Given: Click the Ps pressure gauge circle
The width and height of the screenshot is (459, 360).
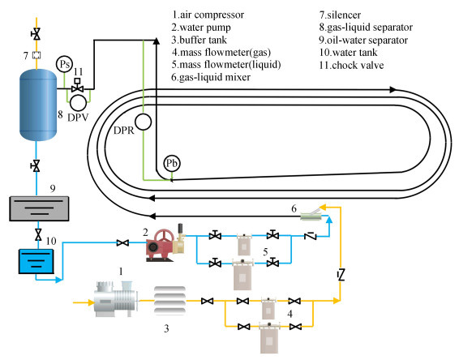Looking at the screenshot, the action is [x=64, y=64].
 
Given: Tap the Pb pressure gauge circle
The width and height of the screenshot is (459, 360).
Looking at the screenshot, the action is [x=172, y=163].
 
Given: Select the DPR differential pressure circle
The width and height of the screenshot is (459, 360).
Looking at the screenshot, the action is [x=143, y=122].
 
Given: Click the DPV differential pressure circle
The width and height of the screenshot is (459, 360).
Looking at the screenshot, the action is [x=79, y=102].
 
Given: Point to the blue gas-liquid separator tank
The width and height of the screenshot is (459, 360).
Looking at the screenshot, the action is [x=38, y=105].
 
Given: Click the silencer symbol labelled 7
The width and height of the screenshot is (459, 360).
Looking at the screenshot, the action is [x=36, y=55].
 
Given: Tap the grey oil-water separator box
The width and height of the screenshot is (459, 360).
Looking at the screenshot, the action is [x=39, y=208].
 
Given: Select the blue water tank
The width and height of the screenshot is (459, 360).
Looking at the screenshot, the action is [x=36, y=261].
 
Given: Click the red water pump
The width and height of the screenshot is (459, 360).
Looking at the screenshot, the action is [x=165, y=242].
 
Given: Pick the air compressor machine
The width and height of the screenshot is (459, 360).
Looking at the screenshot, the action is [x=116, y=299].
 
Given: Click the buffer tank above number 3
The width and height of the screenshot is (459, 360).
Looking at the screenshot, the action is [x=169, y=301].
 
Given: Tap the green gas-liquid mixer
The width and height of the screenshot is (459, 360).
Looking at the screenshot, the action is [x=311, y=216].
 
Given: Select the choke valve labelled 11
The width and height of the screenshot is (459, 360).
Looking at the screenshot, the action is [x=77, y=86].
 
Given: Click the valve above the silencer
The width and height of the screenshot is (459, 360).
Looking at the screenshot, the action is [x=36, y=34].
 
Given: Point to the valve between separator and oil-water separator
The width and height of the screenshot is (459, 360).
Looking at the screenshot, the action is [x=36, y=166].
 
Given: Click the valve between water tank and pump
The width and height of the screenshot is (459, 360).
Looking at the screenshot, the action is [x=122, y=242].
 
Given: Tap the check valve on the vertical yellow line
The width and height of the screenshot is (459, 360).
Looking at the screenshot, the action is [x=341, y=275].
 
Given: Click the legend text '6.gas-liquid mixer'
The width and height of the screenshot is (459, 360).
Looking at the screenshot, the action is [x=211, y=77].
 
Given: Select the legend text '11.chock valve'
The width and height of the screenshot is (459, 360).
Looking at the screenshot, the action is [x=351, y=65].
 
